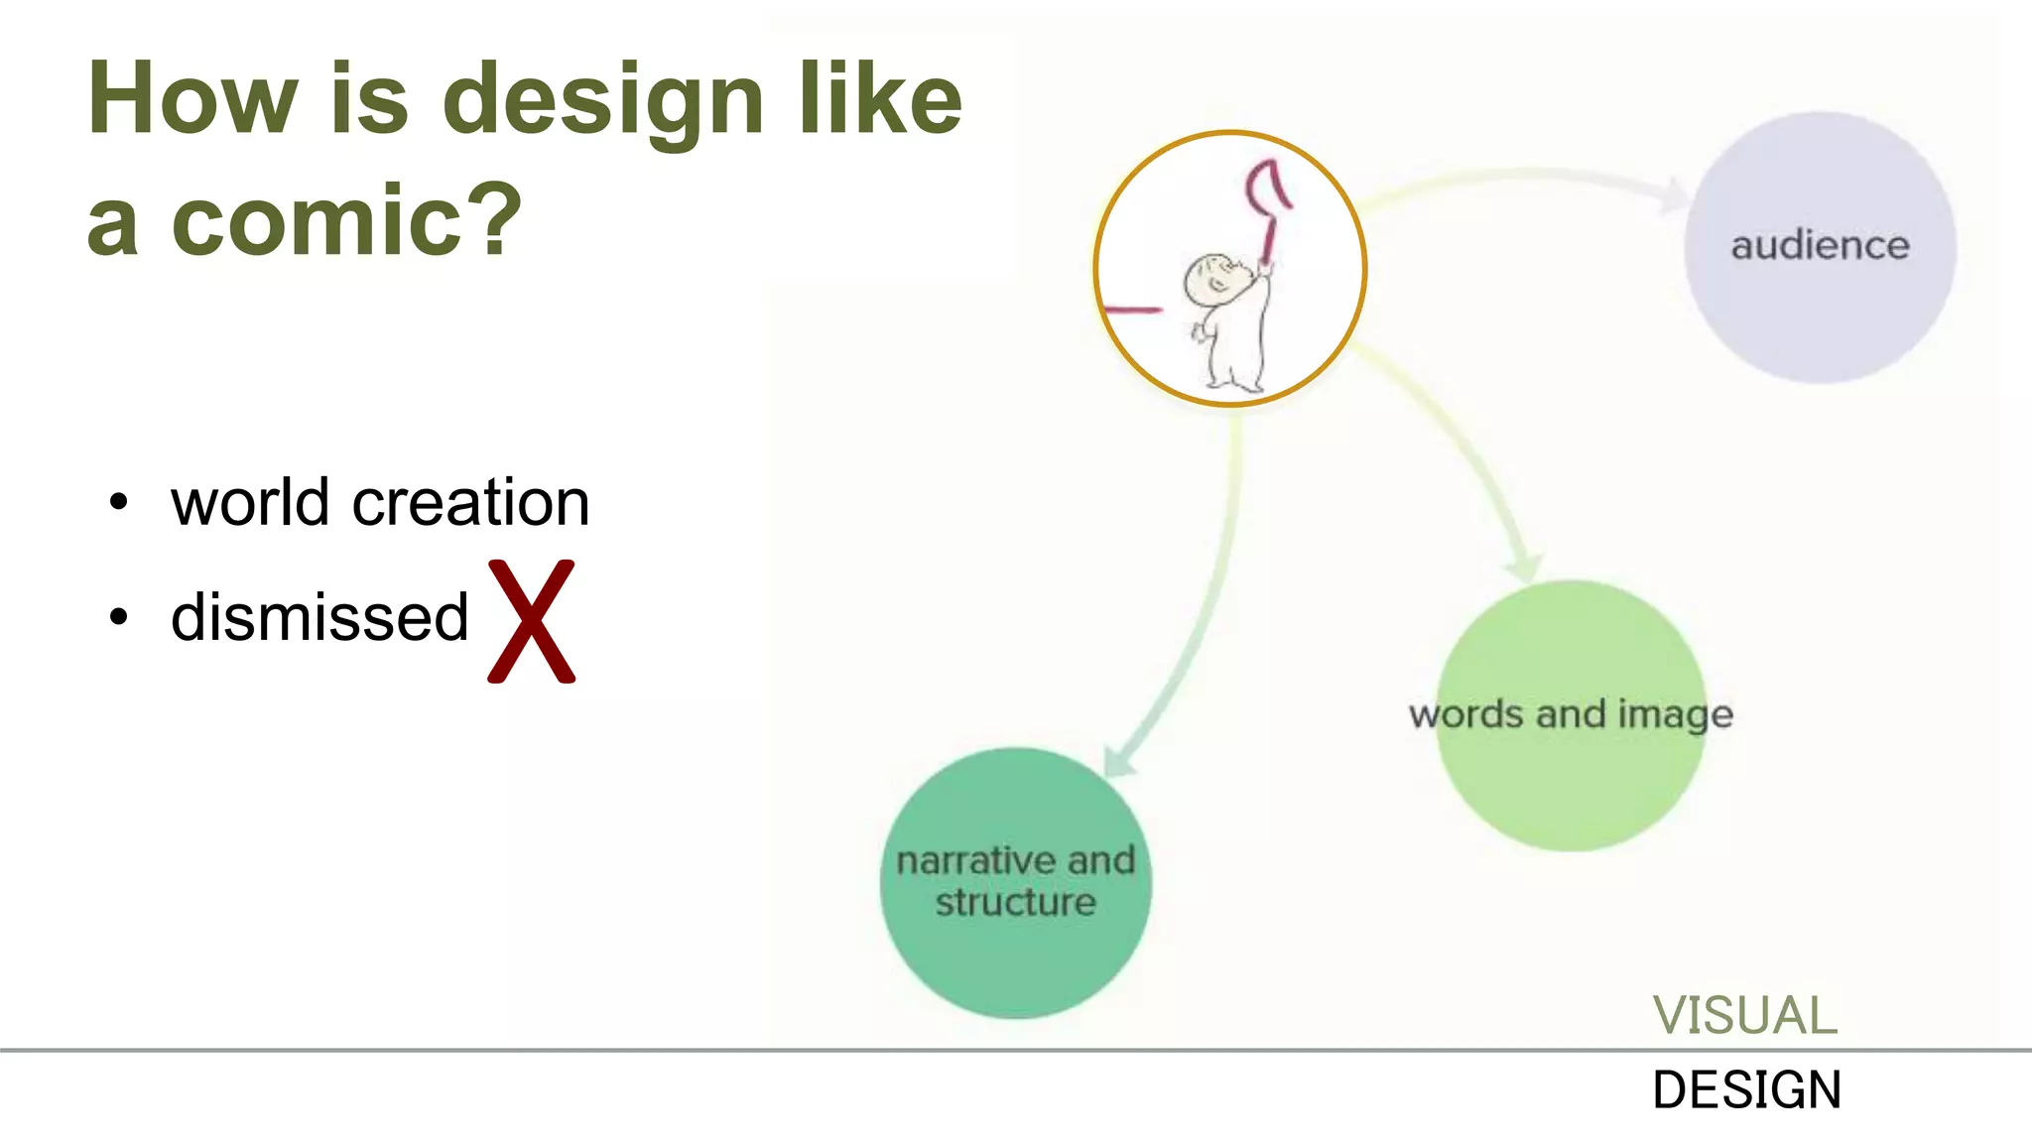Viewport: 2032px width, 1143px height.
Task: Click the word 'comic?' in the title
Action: [346, 220]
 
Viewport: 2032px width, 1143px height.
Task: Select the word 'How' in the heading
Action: [192, 99]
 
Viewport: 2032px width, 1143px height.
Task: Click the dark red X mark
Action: [532, 621]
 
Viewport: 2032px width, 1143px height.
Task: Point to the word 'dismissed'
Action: [319, 617]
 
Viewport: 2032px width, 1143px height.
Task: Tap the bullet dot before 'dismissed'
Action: [119, 618]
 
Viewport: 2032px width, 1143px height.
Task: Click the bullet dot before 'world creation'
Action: [119, 502]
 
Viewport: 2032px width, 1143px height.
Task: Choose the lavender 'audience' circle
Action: [1820, 248]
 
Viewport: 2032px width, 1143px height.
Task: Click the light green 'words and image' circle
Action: [1572, 715]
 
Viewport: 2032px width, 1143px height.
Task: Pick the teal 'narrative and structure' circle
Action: [1015, 882]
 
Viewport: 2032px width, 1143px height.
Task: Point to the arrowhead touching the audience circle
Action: [1676, 193]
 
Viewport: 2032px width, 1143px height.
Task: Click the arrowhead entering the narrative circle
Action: [1120, 761]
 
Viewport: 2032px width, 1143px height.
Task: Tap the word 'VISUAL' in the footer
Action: [1744, 1016]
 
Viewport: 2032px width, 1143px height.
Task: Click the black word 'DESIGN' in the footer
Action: [1746, 1090]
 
